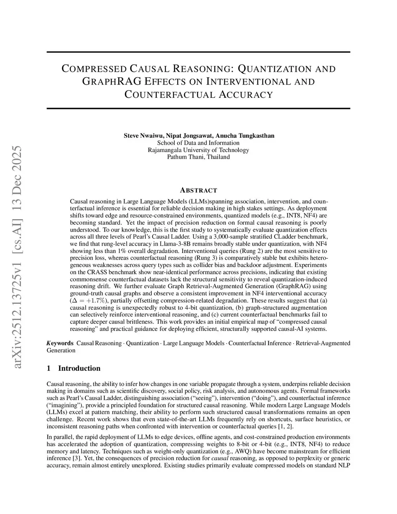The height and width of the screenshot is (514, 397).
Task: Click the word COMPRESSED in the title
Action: click(x=94, y=69)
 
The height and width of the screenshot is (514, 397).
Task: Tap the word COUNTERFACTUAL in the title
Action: click(x=168, y=94)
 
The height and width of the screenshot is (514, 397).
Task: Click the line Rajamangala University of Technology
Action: click(x=198, y=150)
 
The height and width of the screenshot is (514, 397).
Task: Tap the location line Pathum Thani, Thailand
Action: click(x=198, y=157)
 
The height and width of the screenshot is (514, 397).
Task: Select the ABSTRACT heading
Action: click(x=198, y=190)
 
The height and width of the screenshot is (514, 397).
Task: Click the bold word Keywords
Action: click(x=60, y=343)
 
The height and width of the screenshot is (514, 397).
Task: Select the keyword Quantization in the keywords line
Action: click(x=142, y=343)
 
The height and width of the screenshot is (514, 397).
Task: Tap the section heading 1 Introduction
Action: click(x=73, y=368)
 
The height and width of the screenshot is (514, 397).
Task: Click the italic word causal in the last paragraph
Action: click(x=220, y=458)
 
